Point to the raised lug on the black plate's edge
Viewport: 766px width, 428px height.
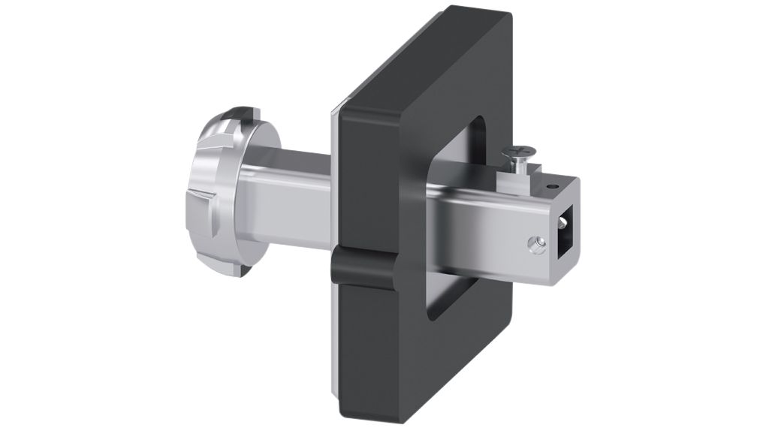point(361,270)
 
